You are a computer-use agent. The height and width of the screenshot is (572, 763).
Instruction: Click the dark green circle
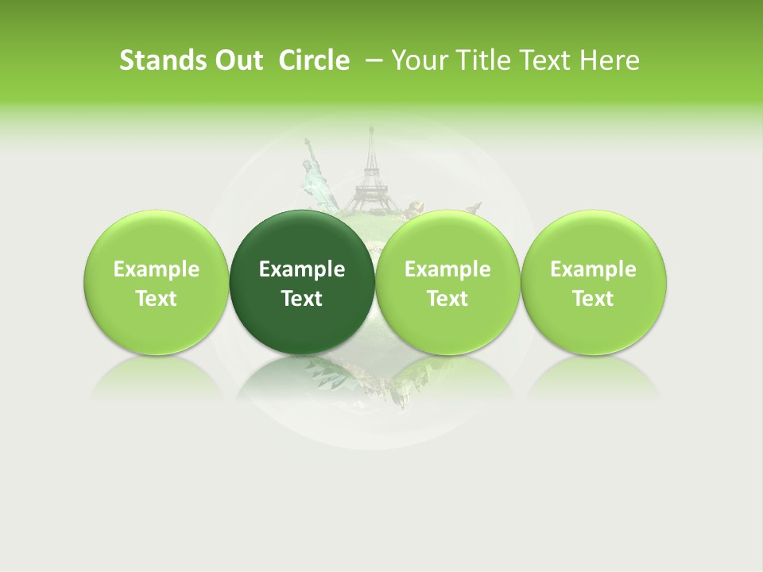pyautogui.click(x=302, y=283)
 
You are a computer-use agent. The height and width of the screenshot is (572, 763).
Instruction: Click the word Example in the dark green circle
pyautogui.click(x=302, y=269)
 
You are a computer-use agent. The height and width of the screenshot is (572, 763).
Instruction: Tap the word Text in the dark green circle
pyautogui.click(x=302, y=299)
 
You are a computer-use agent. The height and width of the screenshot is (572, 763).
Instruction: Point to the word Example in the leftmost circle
pyautogui.click(x=157, y=269)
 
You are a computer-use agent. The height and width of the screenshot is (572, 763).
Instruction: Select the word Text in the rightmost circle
pyautogui.click(x=593, y=299)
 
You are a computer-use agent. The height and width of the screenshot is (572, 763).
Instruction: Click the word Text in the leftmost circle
pyautogui.click(x=157, y=299)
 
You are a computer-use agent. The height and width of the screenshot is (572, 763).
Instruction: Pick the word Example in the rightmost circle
pyautogui.click(x=593, y=269)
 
